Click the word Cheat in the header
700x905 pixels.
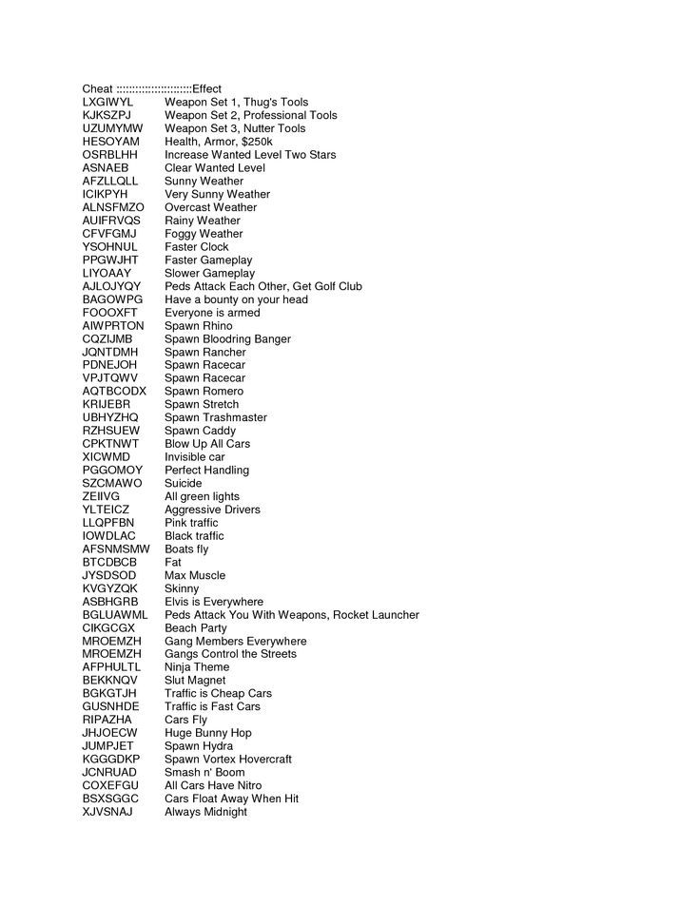(x=98, y=88)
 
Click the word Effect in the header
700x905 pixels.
(x=206, y=88)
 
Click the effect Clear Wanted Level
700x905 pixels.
(x=214, y=167)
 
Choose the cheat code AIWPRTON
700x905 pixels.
(x=113, y=326)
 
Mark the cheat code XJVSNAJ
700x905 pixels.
(x=108, y=812)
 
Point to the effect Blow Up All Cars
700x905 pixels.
(x=207, y=444)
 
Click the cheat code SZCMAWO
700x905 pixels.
(x=112, y=483)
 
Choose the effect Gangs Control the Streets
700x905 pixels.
(x=230, y=654)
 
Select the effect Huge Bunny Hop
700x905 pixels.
(x=208, y=733)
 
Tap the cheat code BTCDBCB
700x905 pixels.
(x=110, y=562)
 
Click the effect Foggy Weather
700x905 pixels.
(x=204, y=234)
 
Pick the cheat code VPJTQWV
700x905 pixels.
(x=110, y=378)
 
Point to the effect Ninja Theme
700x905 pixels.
(x=198, y=667)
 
